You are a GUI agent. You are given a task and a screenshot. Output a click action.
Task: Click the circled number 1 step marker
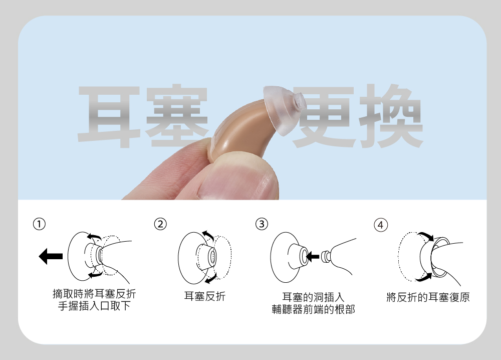(x=40, y=224)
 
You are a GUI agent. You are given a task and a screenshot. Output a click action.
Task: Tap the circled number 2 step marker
(x=160, y=224)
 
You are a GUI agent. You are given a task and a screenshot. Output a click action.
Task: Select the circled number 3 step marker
(x=261, y=224)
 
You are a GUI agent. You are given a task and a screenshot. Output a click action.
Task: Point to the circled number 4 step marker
(x=381, y=224)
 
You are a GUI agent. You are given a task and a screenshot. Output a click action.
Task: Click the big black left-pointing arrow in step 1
(x=50, y=256)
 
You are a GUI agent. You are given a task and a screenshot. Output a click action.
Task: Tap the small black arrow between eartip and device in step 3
(x=312, y=257)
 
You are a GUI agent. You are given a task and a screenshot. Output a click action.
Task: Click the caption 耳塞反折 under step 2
(x=205, y=297)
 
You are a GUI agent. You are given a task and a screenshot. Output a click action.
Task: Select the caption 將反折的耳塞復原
(x=428, y=297)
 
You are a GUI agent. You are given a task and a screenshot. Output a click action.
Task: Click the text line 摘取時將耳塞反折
(x=94, y=293)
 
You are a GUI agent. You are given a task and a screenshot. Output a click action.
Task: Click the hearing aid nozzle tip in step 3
(x=326, y=256)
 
